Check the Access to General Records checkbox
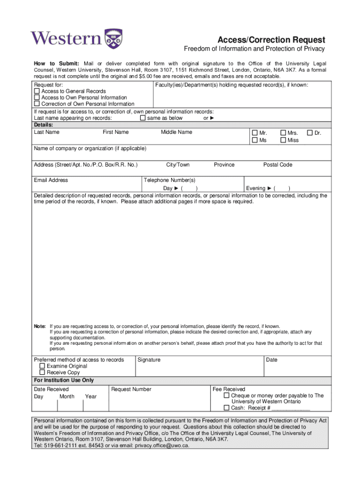[37, 91]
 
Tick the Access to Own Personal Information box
[37, 98]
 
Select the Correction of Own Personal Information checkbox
[37, 104]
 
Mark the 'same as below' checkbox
[143, 118]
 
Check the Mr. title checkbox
[255, 133]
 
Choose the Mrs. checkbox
[283, 133]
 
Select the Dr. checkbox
[310, 133]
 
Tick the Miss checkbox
[283, 140]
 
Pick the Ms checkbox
[255, 140]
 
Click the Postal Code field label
[278, 165]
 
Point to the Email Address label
[51, 180]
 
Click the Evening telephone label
[256, 188]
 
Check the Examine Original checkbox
[43, 366]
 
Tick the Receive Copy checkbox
[43, 373]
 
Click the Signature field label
[149, 360]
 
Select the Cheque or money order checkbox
[227, 396]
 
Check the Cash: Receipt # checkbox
[227, 408]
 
